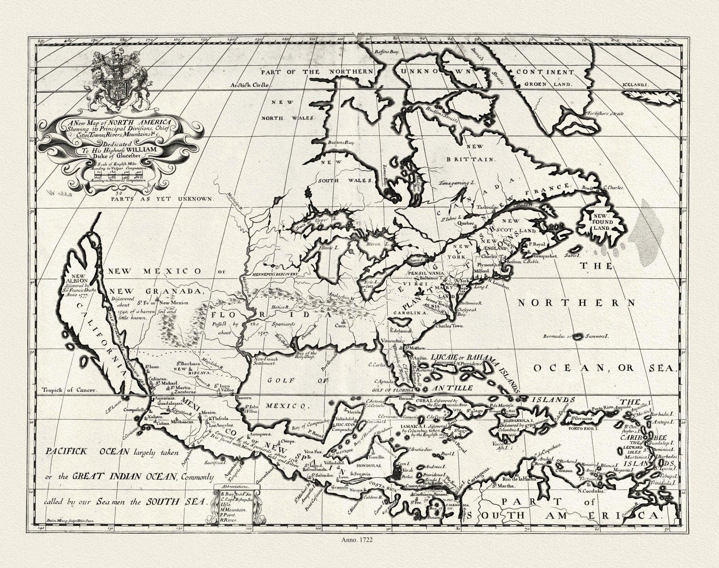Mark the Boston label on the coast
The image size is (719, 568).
point(514,261)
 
